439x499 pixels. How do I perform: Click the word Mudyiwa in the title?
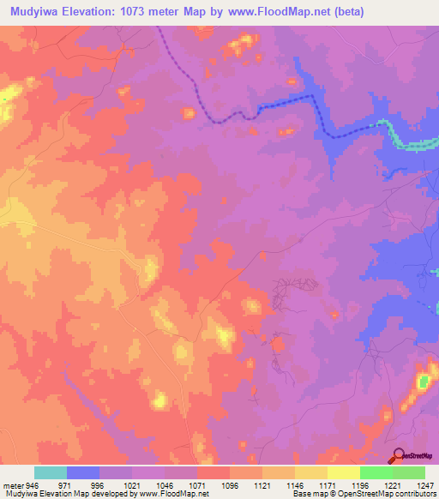[30, 12]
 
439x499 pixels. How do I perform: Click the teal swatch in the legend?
[51, 472]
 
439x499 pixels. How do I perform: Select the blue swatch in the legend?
[83, 472]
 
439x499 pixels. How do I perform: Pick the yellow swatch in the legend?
[343, 472]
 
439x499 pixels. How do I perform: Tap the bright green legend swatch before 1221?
[376, 472]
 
